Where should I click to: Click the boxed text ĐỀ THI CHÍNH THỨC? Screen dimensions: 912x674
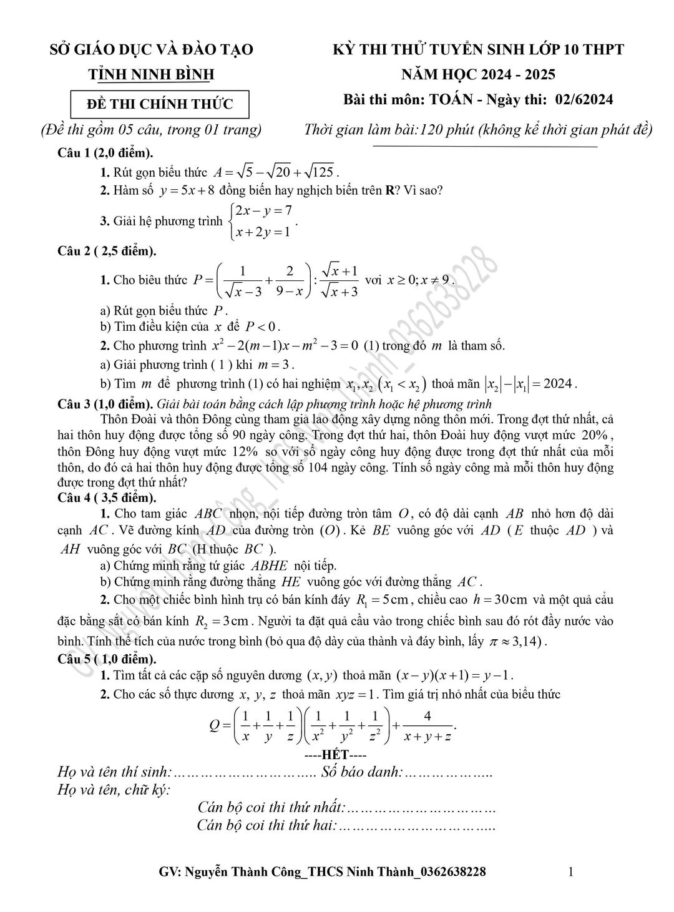pos(160,104)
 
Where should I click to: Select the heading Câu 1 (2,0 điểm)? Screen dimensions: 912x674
pos(105,153)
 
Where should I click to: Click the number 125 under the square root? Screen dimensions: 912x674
pos(323,172)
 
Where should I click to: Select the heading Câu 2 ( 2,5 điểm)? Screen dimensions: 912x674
pos(107,251)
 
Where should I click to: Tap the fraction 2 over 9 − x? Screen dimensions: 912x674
pos(290,280)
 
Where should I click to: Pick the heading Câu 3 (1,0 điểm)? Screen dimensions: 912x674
pos(105,404)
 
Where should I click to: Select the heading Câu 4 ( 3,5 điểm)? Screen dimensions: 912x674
pos(107,498)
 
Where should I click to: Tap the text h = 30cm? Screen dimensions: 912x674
pos(501,600)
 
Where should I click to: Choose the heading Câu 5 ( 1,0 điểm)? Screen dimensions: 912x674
pos(107,659)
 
